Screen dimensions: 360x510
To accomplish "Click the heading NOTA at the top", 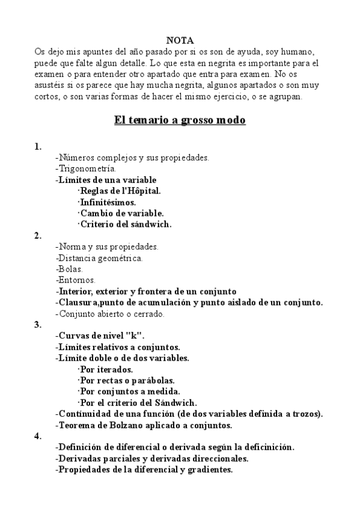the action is pos(180,40).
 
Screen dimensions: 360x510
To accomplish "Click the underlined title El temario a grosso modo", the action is pos(180,120).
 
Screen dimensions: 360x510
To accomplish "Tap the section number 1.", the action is pos(38,147).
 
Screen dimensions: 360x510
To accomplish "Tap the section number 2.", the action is pos(38,236).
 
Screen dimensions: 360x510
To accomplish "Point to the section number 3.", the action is pos(38,325).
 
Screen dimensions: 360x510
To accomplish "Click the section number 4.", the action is pos(38,436).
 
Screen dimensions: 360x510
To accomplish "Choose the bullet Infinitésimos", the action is pos(108,203).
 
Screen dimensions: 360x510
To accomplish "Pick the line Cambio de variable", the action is pos(122,214).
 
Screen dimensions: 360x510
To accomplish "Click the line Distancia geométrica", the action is pos(100,258).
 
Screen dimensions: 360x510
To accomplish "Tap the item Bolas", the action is pos(70,269).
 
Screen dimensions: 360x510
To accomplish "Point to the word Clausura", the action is pos(76,303).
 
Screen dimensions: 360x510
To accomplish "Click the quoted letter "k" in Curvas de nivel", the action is pos(138,336).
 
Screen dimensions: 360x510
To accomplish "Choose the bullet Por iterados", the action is pos(107,369).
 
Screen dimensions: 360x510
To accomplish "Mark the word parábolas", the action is pos(155,380).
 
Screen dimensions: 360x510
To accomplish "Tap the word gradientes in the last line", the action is pos(209,469).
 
